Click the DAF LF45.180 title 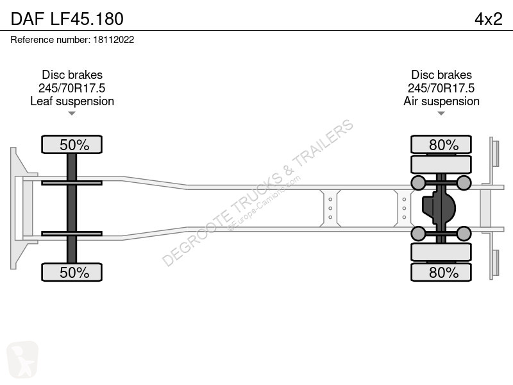pyautogui.click(x=67, y=19)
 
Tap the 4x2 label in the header pyautogui.click(x=488, y=19)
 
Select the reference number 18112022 pyautogui.click(x=114, y=40)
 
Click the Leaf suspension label pyautogui.click(x=72, y=101)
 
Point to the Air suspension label pyautogui.click(x=441, y=101)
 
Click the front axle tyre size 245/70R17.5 pyautogui.click(x=72, y=88)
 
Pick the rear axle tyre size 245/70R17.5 pyautogui.click(x=441, y=88)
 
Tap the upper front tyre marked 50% pyautogui.click(x=72, y=144)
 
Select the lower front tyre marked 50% pyautogui.click(x=72, y=272)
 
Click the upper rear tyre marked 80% pyautogui.click(x=441, y=144)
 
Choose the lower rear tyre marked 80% pyautogui.click(x=441, y=272)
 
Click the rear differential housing pyautogui.click(x=439, y=208)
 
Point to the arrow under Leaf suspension pyautogui.click(x=72, y=114)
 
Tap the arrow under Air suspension pyautogui.click(x=441, y=114)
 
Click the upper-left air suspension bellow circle pyautogui.click(x=418, y=183)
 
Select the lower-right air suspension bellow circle pyautogui.click(x=464, y=234)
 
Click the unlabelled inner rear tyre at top pyautogui.click(x=441, y=164)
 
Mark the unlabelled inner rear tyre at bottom pyautogui.click(x=441, y=252)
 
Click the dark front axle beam pyautogui.click(x=72, y=208)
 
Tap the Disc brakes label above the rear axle pyautogui.click(x=441, y=74)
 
